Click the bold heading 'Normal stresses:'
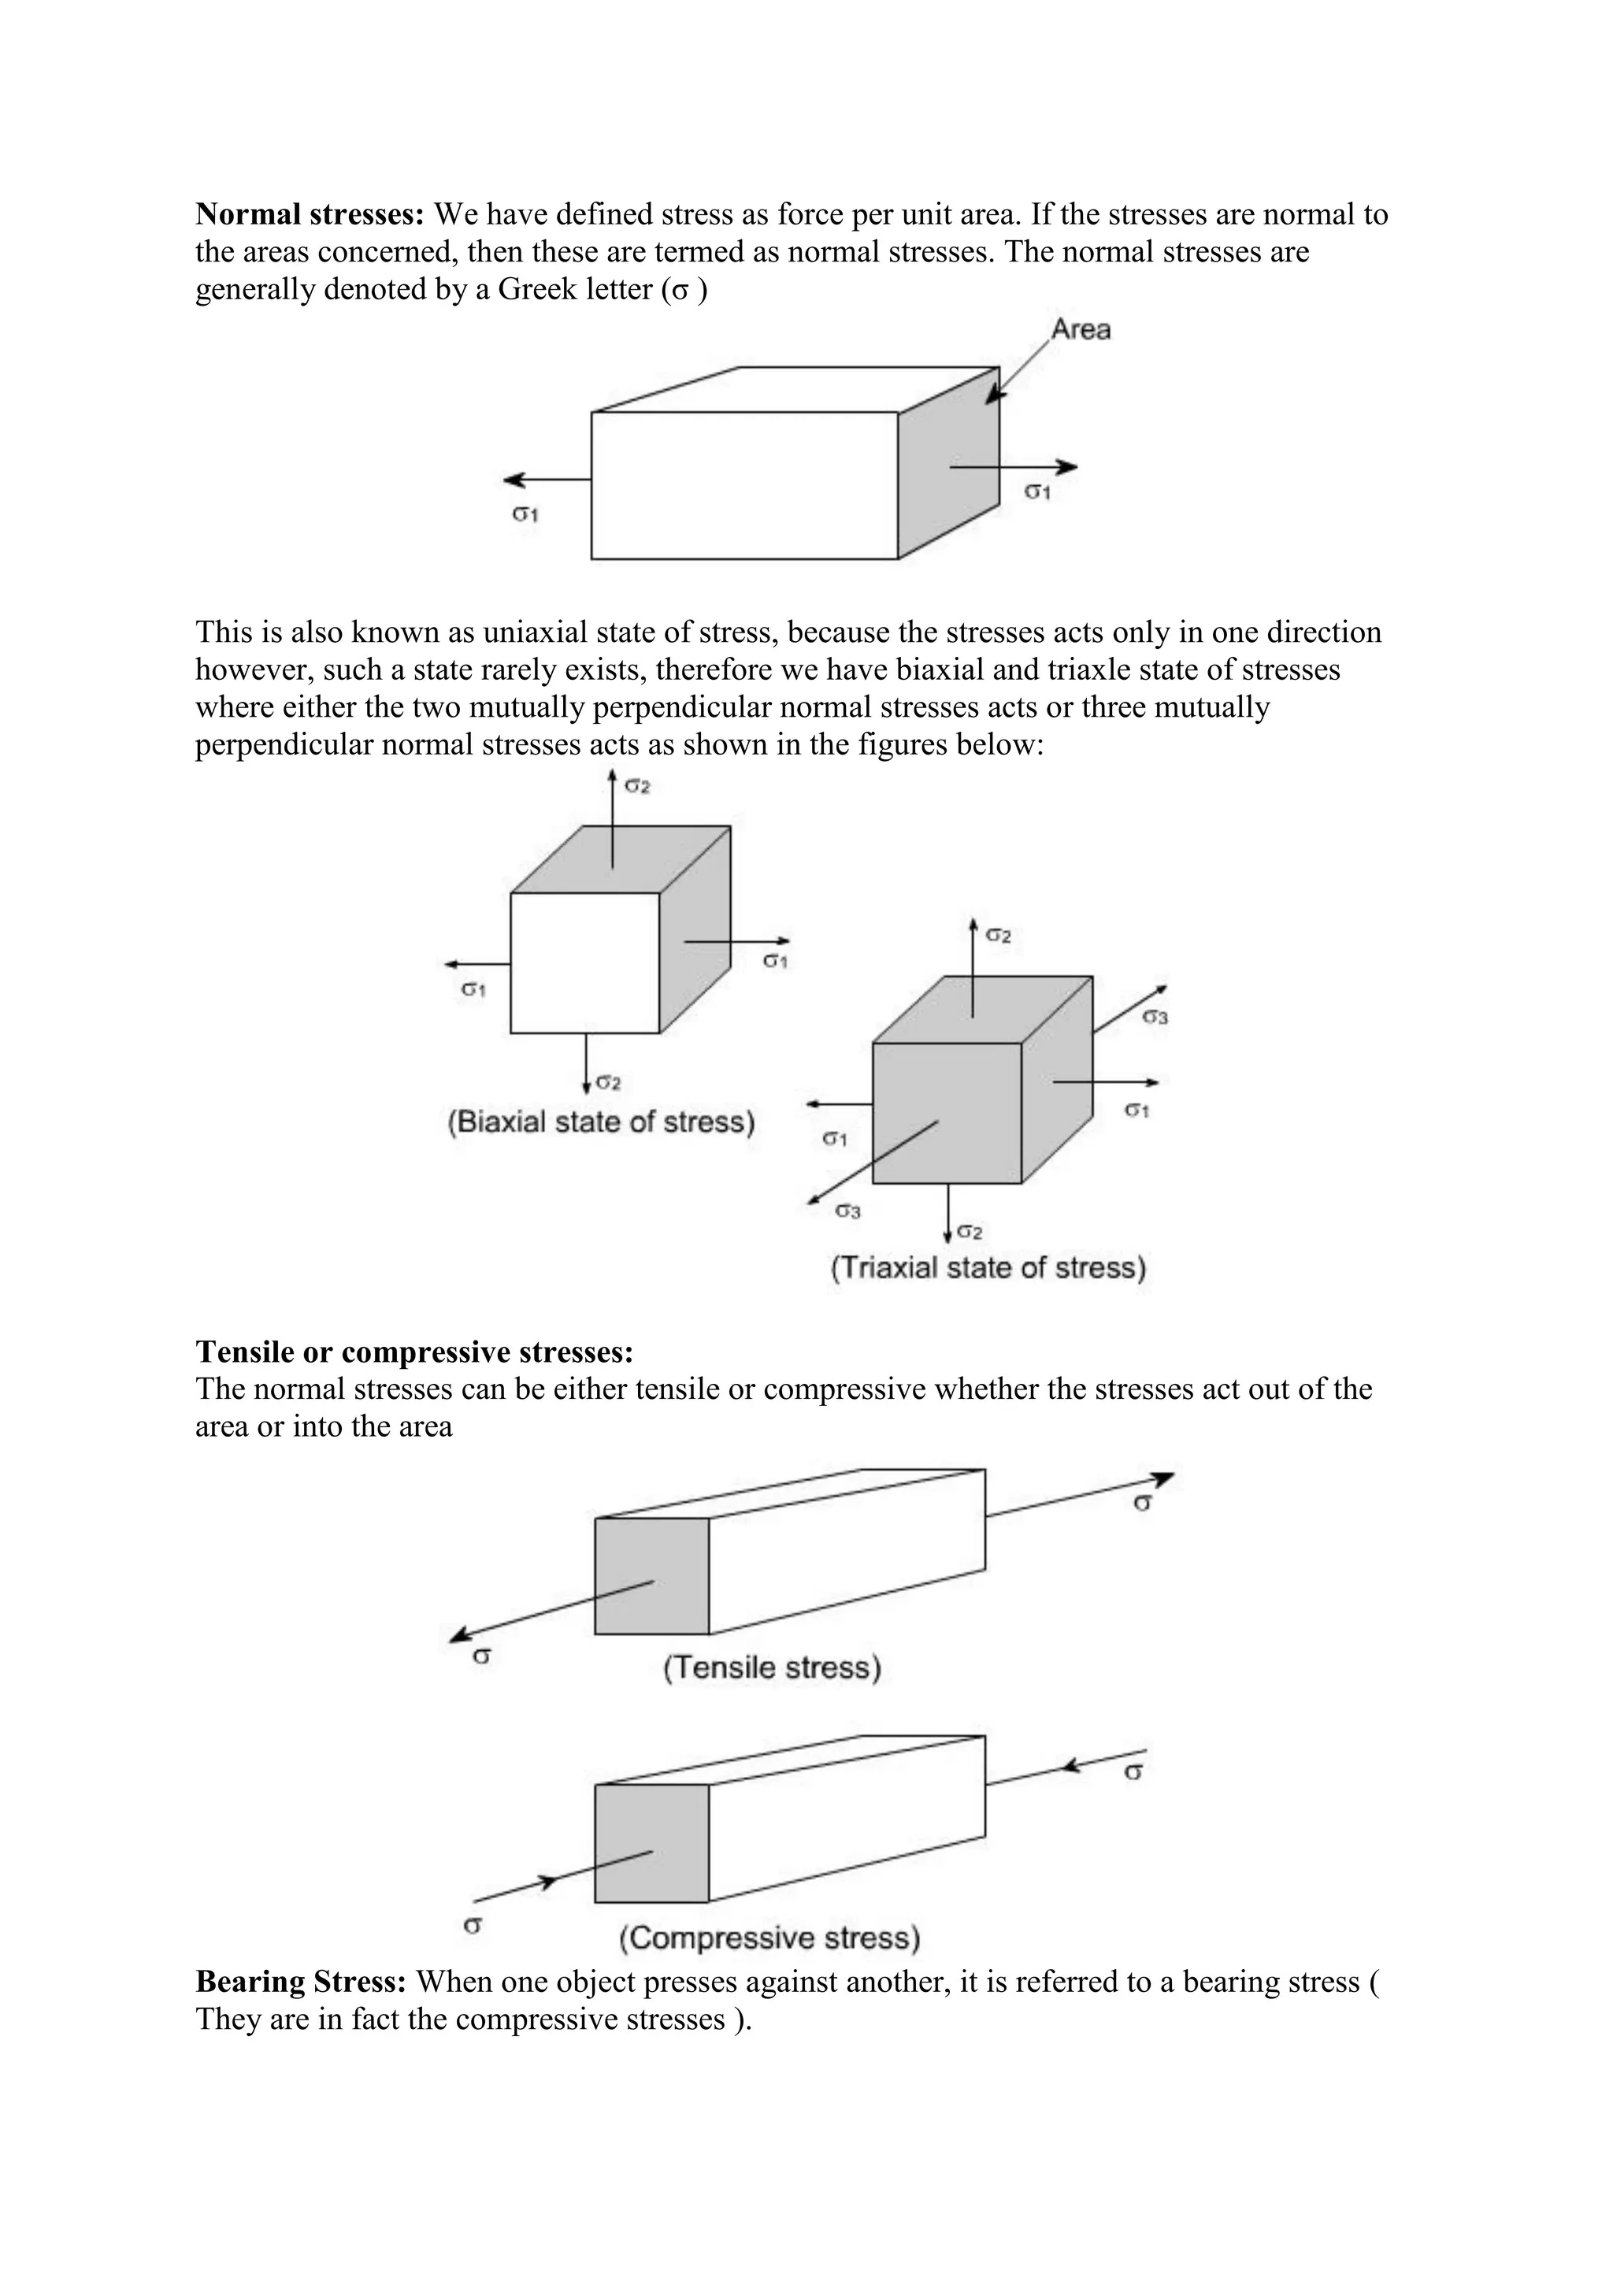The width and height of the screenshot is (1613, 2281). click(x=310, y=214)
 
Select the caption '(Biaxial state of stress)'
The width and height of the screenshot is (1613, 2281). click(x=601, y=1122)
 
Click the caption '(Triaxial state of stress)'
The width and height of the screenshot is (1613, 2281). click(x=988, y=1269)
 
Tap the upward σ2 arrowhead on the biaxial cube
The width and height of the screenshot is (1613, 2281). click(x=613, y=777)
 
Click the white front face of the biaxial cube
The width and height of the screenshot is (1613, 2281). click(x=585, y=962)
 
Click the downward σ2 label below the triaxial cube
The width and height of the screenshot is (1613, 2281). click(x=970, y=1233)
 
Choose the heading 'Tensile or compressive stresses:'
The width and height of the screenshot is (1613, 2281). click(x=414, y=1352)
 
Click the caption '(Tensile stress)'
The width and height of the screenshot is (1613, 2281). click(x=772, y=1667)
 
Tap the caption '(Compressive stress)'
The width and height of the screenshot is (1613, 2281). click(x=769, y=1938)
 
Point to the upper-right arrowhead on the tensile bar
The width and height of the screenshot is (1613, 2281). click(x=1164, y=1479)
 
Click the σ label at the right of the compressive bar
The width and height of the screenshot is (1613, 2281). click(x=1133, y=1771)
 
